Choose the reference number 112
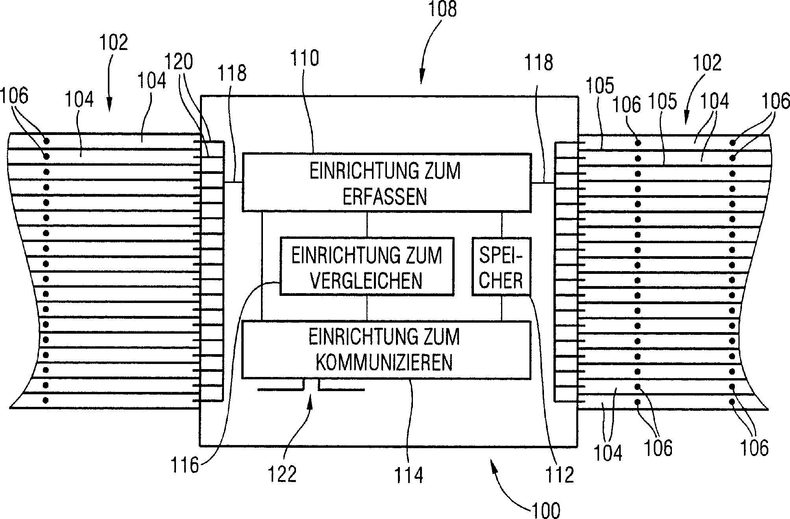560,474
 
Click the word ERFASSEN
385,197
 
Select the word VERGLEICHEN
366,281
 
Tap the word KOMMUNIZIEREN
384,363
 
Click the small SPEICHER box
501,267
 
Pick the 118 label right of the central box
539,63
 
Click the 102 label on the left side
114,42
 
